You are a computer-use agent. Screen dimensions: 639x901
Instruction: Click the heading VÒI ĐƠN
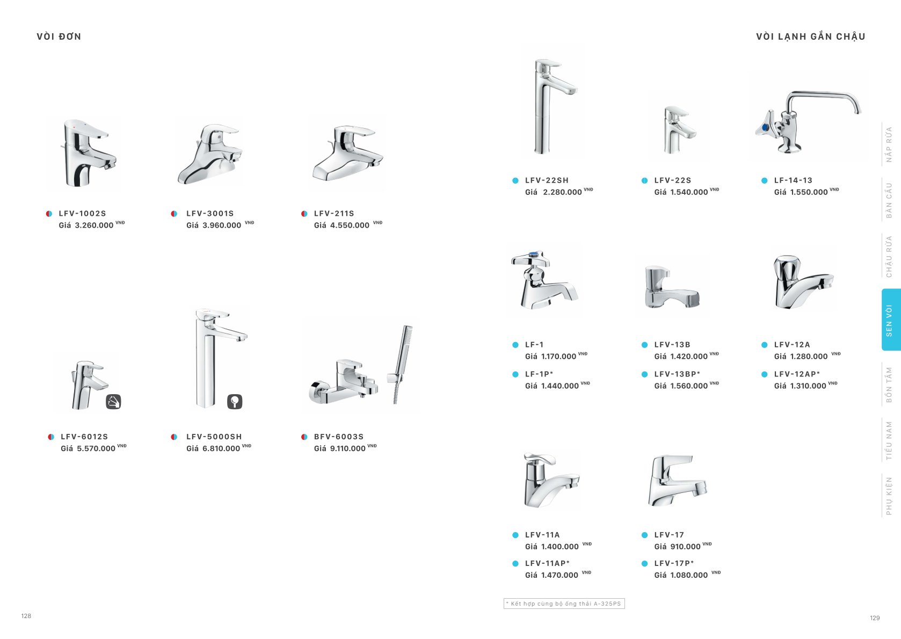coord(59,37)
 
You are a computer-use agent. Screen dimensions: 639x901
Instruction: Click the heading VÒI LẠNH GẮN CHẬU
coord(810,37)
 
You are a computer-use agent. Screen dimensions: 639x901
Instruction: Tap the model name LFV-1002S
coord(82,213)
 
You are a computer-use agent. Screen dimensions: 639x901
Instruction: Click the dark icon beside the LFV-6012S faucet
coord(113,402)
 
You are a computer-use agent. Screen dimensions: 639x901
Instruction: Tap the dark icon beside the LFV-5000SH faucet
coord(235,402)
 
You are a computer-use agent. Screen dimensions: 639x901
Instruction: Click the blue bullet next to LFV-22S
coord(644,180)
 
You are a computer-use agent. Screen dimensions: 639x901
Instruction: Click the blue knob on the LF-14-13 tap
coord(765,128)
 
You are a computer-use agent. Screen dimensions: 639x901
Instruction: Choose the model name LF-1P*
coord(539,374)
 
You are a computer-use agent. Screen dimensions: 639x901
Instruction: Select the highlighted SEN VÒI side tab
coord(890,320)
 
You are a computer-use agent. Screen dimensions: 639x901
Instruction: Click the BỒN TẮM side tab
coord(889,384)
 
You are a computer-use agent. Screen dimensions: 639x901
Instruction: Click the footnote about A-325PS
coord(564,604)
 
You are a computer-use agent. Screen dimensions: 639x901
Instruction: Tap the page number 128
coord(26,616)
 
